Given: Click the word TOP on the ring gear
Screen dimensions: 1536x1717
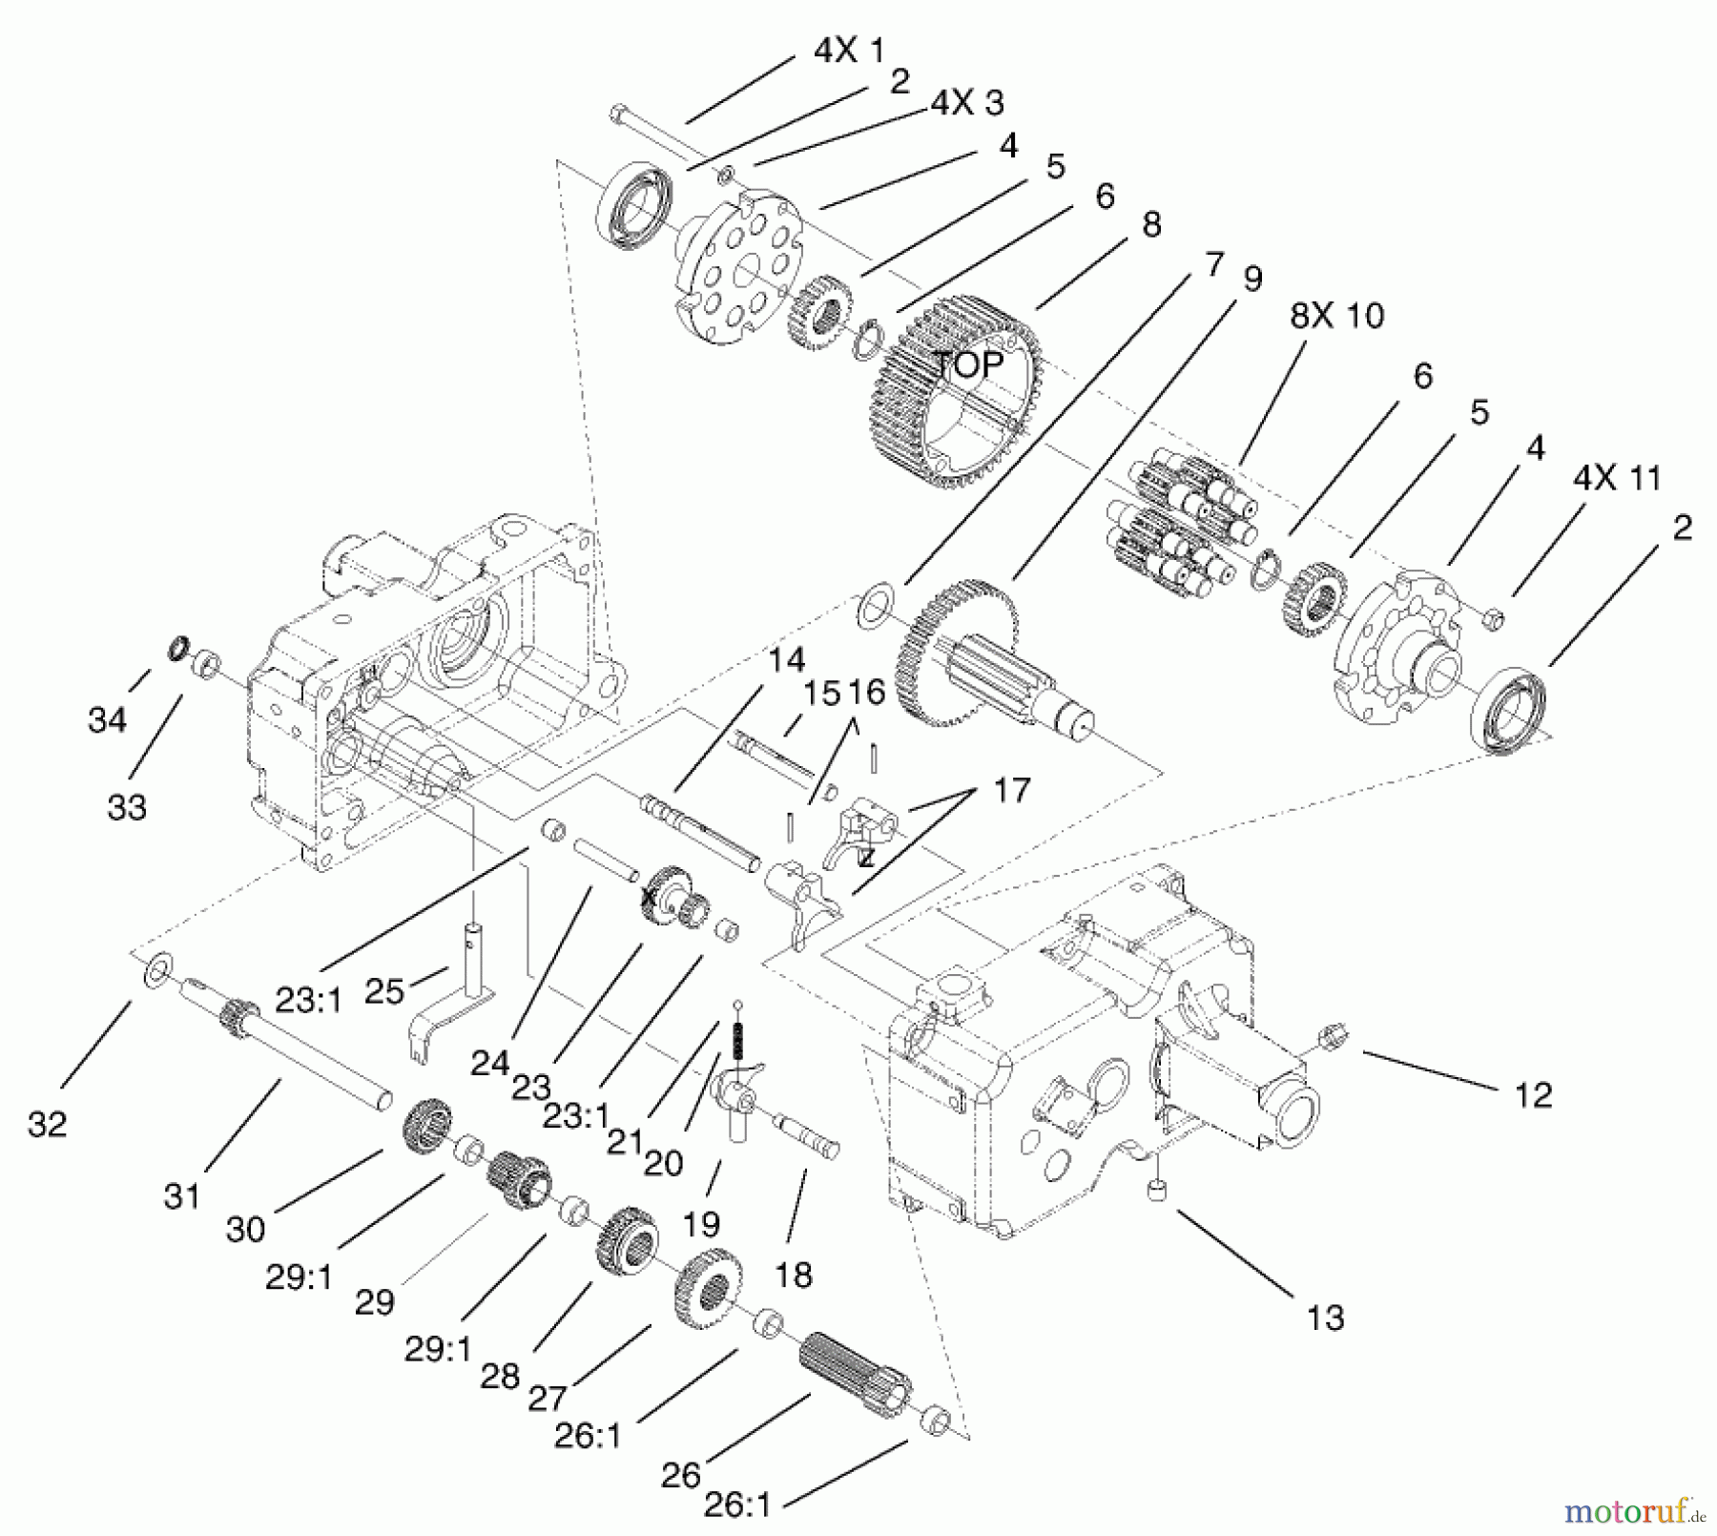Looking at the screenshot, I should click(x=967, y=364).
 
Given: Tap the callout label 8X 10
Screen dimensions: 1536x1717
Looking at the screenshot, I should click(x=1336, y=315).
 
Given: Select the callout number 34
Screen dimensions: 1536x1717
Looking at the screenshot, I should click(x=107, y=719).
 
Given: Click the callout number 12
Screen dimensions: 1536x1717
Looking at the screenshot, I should click(x=1533, y=1094).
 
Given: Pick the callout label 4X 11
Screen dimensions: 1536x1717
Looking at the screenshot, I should click(x=1618, y=477).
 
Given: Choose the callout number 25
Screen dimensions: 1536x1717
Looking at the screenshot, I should click(x=384, y=991).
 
